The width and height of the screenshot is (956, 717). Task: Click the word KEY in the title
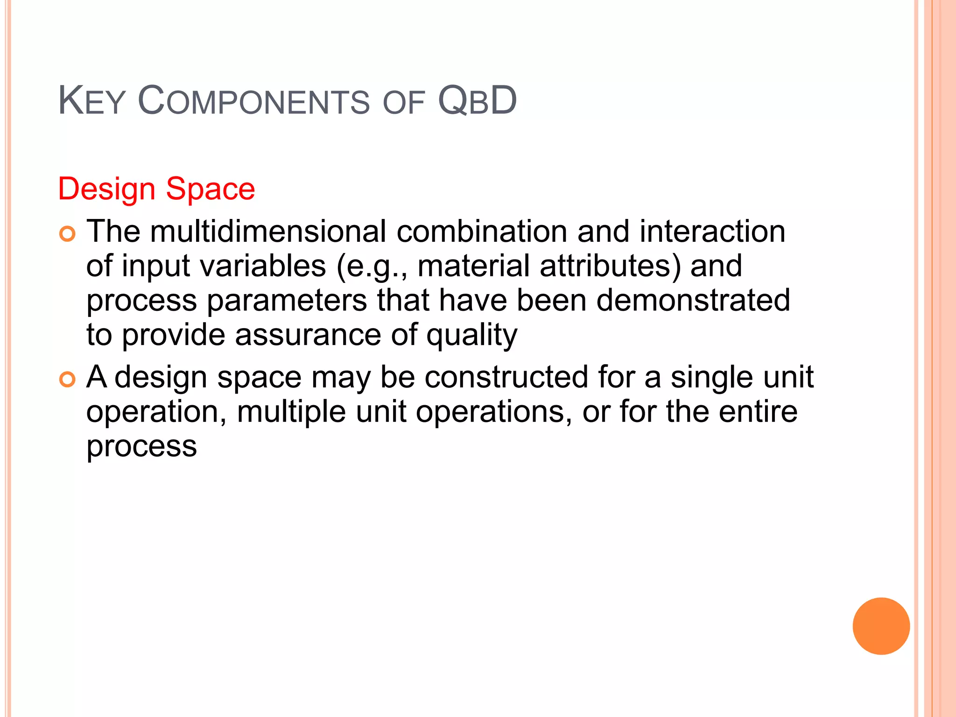91,101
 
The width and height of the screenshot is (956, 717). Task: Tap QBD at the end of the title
477,101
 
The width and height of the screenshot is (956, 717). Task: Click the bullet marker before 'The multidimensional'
67,233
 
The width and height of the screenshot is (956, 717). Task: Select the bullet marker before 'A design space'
67,380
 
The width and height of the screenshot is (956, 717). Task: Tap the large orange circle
881,626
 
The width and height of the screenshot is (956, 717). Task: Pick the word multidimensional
268,232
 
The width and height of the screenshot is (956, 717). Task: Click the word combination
481,232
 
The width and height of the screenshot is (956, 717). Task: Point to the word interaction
712,232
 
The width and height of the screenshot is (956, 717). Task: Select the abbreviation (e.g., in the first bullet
371,267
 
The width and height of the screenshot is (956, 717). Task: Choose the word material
473,266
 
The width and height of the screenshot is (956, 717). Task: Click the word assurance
308,335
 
